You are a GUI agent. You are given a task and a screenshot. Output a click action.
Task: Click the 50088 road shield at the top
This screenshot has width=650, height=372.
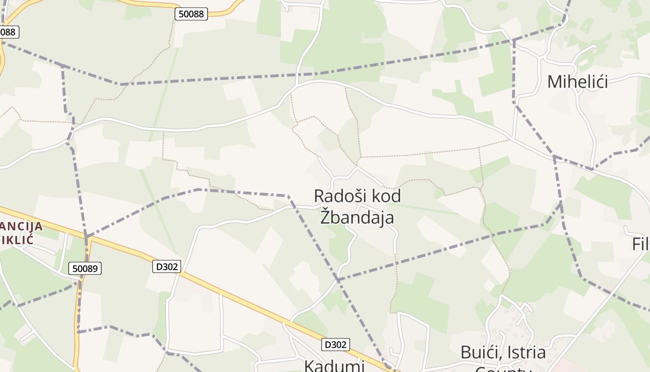tap(191, 14)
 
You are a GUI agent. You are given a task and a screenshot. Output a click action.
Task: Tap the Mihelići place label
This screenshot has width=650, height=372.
tap(577, 82)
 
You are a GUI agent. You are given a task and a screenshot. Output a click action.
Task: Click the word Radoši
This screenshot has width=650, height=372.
tap(337, 196)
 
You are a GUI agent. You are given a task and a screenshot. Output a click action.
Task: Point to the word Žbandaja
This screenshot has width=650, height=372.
tap(357, 217)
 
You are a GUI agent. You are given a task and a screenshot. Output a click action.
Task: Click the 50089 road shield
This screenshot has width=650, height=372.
tap(85, 268)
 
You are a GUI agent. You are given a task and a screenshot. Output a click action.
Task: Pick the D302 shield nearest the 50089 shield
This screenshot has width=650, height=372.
tap(166, 266)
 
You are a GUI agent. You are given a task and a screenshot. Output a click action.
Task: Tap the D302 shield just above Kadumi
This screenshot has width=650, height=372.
tap(335, 345)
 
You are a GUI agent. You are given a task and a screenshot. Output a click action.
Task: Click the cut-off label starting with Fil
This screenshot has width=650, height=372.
tap(641, 244)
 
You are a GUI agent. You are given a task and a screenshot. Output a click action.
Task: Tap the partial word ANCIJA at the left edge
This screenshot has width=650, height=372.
tap(21, 226)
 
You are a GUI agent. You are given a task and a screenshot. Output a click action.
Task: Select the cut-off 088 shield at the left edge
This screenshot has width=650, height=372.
tap(8, 32)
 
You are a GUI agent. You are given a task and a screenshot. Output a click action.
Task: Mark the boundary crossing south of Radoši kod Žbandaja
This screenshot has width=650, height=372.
tap(338, 280)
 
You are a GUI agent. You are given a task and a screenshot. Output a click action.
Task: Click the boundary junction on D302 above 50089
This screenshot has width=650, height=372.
tap(86, 238)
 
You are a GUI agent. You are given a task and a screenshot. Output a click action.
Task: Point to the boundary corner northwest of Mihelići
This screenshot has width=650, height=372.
tap(513, 41)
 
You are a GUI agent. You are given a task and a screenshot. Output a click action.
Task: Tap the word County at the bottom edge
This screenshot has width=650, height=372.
tap(503, 370)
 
